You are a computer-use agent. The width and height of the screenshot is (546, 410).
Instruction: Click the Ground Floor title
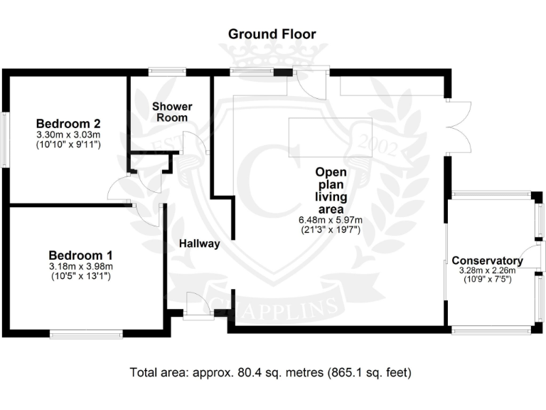(x=272, y=34)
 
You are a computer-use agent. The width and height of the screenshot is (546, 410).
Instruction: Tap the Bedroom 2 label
(x=68, y=122)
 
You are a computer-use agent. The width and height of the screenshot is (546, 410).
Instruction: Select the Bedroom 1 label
(x=80, y=255)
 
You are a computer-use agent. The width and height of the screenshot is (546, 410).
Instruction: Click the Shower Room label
(x=173, y=112)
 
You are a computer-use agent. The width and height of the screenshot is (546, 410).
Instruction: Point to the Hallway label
(x=198, y=243)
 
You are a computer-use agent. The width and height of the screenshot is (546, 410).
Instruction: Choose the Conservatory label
(x=487, y=261)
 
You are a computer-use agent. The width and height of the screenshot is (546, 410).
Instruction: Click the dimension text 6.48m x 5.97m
(x=331, y=220)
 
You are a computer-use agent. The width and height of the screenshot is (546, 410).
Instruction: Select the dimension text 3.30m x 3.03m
(x=68, y=134)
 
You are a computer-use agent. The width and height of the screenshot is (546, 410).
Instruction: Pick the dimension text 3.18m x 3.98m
(x=80, y=267)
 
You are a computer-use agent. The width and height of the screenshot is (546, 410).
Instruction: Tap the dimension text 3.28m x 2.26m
(x=487, y=270)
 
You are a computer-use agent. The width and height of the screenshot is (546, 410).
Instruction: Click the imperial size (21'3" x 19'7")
(x=331, y=230)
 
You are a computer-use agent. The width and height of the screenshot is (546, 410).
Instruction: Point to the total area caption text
(x=271, y=372)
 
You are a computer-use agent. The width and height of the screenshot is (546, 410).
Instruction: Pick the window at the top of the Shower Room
(x=167, y=70)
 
